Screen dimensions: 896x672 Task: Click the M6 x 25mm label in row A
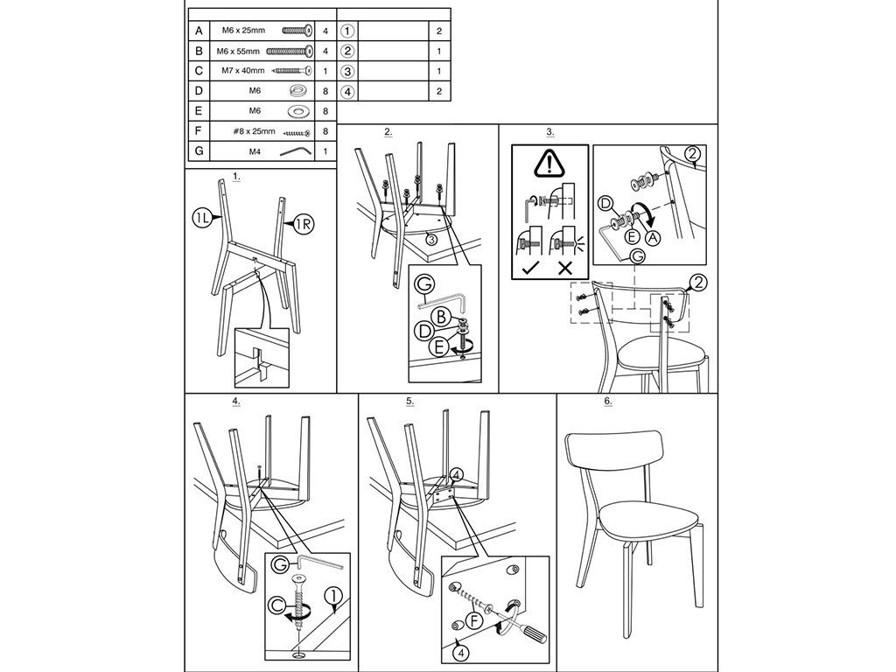243,31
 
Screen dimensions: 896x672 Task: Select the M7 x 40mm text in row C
243,71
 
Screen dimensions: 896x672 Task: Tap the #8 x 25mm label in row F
255,131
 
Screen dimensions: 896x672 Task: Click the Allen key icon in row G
295,150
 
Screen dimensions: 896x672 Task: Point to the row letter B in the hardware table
199,51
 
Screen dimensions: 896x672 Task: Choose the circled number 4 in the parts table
347,91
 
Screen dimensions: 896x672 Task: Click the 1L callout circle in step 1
202,217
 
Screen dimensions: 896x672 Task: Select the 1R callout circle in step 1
304,225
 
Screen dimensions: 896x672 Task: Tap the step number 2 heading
388,132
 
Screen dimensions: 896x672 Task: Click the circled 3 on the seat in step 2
431,240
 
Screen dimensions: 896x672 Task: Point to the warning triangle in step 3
549,164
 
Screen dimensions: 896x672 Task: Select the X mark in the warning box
565,268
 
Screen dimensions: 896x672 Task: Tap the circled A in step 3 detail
651,236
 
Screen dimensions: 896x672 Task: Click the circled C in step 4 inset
277,605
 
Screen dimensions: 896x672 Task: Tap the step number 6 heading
607,401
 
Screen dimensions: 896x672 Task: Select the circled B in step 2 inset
441,316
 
